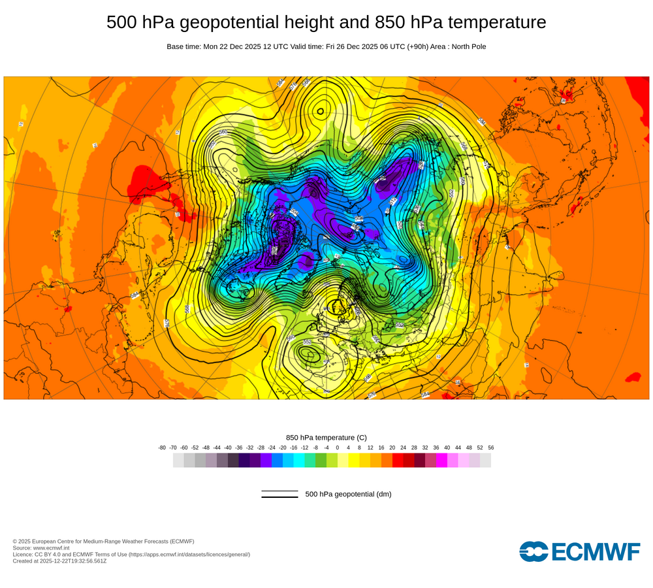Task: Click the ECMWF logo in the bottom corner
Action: (x=580, y=551)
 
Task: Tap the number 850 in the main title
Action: (x=391, y=23)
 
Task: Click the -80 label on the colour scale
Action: (x=162, y=448)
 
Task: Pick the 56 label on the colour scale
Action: (x=491, y=448)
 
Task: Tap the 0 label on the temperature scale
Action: (x=338, y=448)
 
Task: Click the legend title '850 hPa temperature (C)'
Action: (x=326, y=437)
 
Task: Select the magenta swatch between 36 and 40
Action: (x=441, y=460)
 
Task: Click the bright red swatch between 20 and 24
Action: (x=398, y=460)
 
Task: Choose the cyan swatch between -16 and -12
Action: (x=299, y=460)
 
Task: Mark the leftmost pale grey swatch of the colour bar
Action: (x=178, y=460)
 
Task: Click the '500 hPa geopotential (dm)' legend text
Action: (x=348, y=494)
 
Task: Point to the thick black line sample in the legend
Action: (x=279, y=497)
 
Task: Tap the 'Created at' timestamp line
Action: (x=59, y=561)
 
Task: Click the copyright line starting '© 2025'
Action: (x=103, y=541)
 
